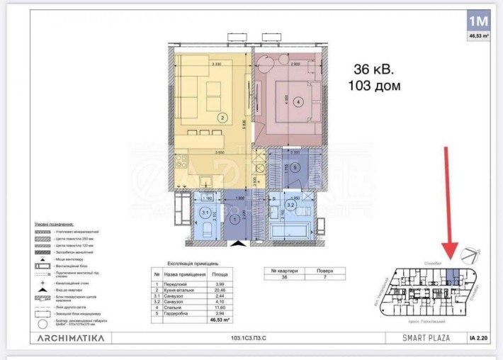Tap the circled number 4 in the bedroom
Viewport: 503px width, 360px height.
click(x=298, y=101)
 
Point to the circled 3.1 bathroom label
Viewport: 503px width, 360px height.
click(x=205, y=212)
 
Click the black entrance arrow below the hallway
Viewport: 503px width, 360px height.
click(x=238, y=243)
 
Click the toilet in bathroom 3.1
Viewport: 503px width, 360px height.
click(x=205, y=230)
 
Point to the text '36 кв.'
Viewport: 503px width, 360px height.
click(x=374, y=70)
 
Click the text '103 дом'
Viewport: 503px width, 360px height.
click(x=374, y=86)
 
